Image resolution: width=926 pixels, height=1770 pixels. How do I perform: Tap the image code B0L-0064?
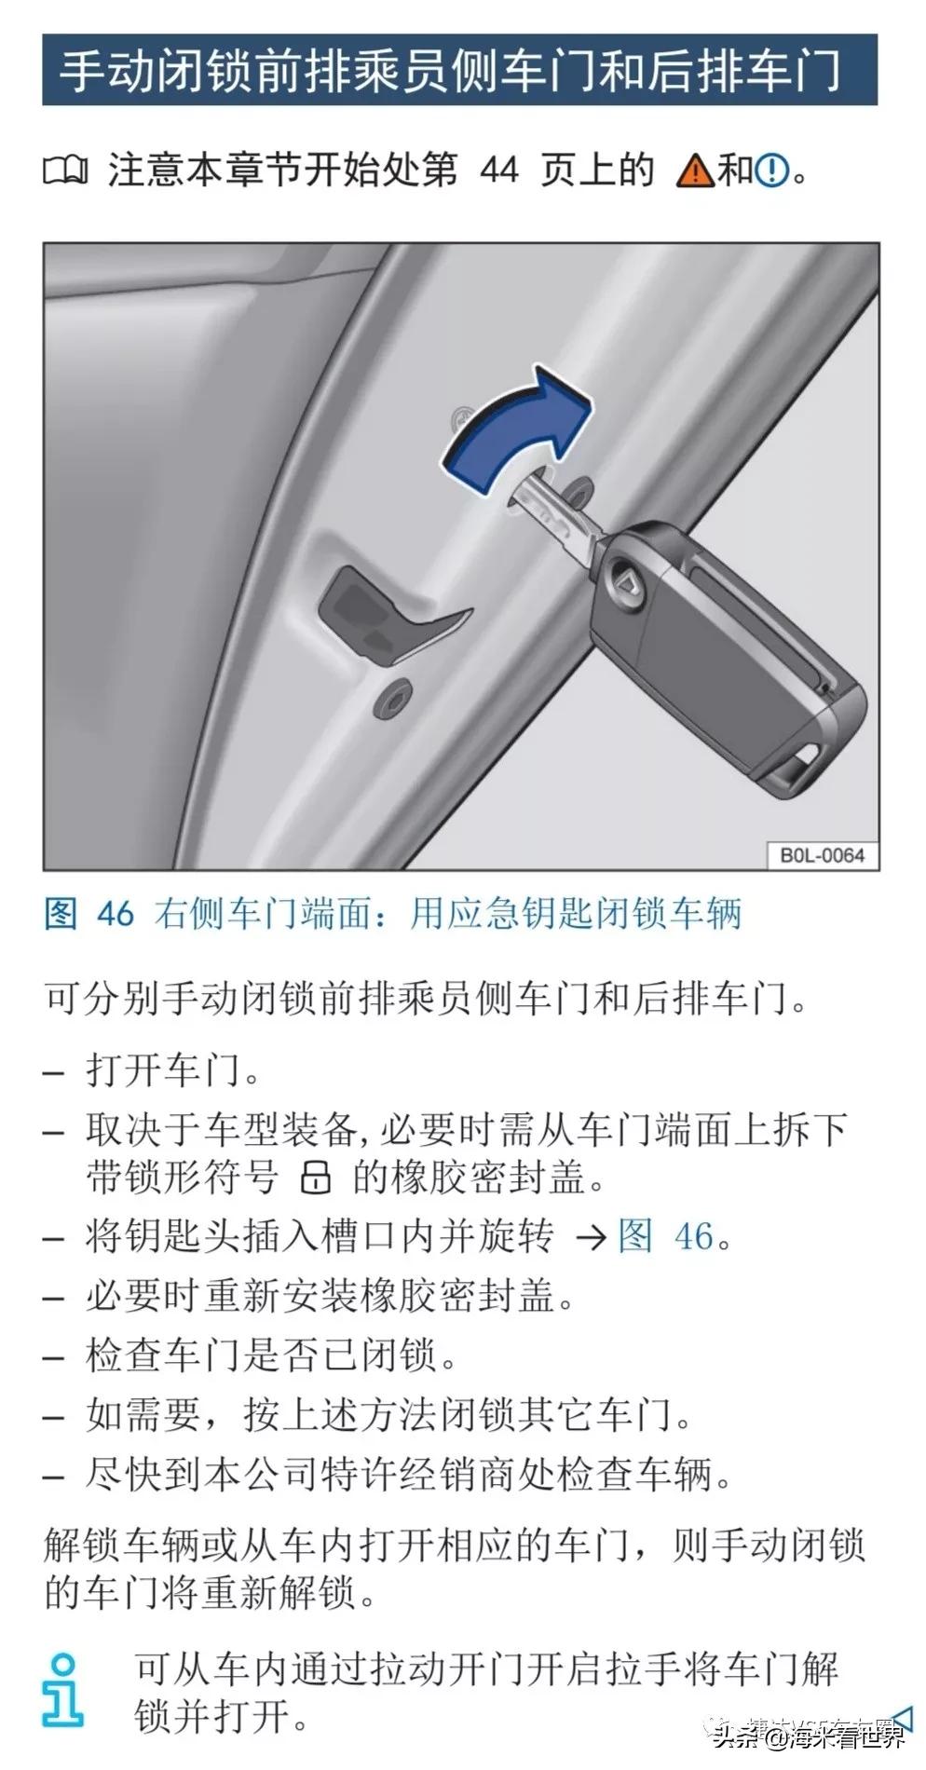(x=822, y=855)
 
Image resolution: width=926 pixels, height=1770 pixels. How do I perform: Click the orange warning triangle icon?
(x=695, y=171)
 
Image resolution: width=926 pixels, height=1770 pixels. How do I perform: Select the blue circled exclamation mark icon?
(x=771, y=171)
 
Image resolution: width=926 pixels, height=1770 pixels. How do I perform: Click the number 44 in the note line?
(x=498, y=170)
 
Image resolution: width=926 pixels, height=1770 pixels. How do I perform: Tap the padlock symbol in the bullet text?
(x=316, y=1178)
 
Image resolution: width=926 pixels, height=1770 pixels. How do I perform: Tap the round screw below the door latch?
(x=392, y=699)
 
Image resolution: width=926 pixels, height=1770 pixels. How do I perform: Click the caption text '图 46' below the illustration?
(x=89, y=913)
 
